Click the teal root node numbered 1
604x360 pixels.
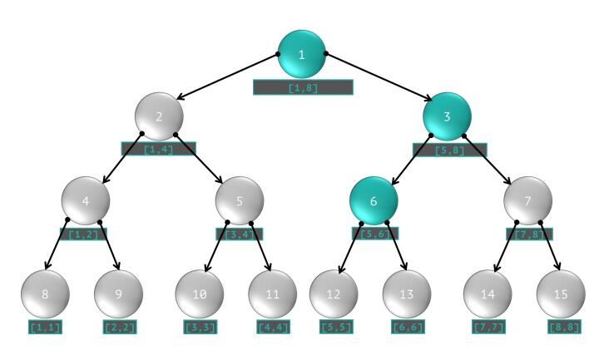pyautogui.click(x=302, y=55)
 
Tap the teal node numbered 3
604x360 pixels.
pyautogui.click(x=447, y=116)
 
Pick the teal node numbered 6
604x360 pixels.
pyautogui.click(x=373, y=200)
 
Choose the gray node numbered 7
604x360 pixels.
pyautogui.click(x=528, y=200)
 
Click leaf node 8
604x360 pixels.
pyautogui.click(x=45, y=293)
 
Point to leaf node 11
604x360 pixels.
pyautogui.click(x=272, y=293)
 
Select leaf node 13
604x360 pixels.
pyautogui.click(x=407, y=293)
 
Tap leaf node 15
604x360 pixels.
pyautogui.click(x=561, y=293)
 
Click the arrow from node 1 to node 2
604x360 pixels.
pyautogui.click(x=229, y=76)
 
